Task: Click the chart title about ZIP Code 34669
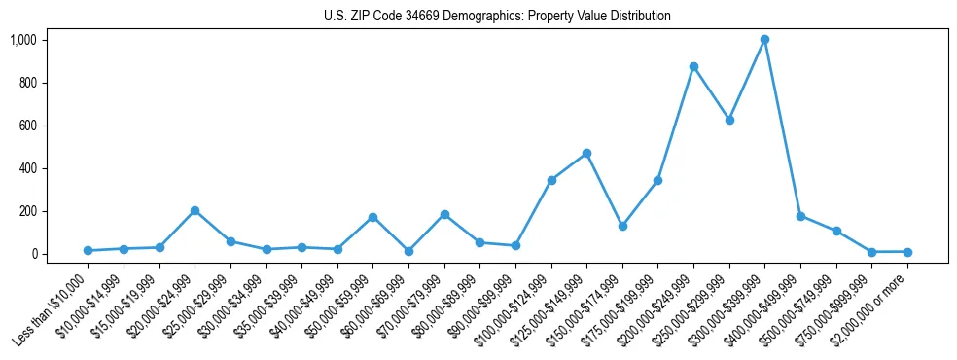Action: [497, 17]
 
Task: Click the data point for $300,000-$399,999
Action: [765, 40]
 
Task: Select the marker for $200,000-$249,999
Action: [693, 67]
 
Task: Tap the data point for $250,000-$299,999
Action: [729, 121]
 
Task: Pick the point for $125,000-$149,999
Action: [586, 154]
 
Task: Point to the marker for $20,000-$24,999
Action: [195, 211]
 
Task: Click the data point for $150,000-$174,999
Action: [622, 226]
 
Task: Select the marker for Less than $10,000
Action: [88, 251]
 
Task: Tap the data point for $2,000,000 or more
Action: [907, 252]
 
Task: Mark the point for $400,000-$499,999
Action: [800, 216]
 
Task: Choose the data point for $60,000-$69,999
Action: [408, 251]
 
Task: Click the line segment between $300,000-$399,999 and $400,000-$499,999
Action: [783, 127]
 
